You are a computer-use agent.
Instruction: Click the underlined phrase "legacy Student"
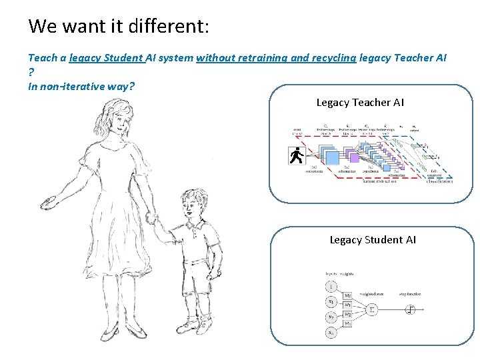107,58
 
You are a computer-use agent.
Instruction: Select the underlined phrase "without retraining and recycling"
276,58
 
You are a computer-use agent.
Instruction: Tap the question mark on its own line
31,72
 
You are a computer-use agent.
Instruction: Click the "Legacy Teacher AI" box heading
360,103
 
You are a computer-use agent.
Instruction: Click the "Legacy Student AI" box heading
373,240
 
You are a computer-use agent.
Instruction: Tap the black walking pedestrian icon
296,156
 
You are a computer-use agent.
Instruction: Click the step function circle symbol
411,309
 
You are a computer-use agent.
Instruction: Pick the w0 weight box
348,295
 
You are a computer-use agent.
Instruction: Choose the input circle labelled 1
331,287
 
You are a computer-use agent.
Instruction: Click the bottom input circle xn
331,332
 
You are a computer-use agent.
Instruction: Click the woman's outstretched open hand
51,201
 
